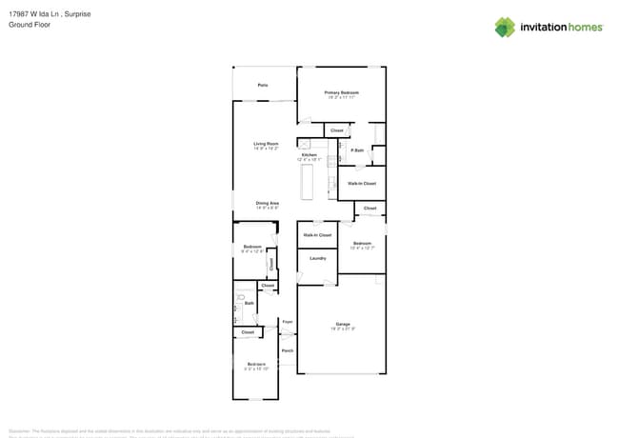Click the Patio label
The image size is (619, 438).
[x=263, y=86]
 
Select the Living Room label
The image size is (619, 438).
[x=266, y=144]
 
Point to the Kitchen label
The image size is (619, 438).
[x=309, y=154]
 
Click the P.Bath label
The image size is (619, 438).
[x=358, y=150]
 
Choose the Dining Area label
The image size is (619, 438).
[x=267, y=203]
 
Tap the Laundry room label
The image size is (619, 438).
[x=318, y=258]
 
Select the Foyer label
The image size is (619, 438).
[x=288, y=322]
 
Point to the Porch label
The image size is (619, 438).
[x=288, y=350]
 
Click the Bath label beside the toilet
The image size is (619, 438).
[x=249, y=304]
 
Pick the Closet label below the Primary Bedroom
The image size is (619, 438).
[x=336, y=130]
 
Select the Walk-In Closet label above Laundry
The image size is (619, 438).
[x=318, y=234]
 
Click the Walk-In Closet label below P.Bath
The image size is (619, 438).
[x=362, y=183]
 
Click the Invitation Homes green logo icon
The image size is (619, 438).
[x=505, y=27]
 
